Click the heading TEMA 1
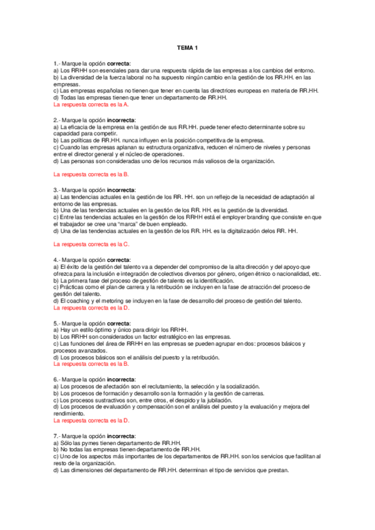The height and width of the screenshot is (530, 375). (187, 48)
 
